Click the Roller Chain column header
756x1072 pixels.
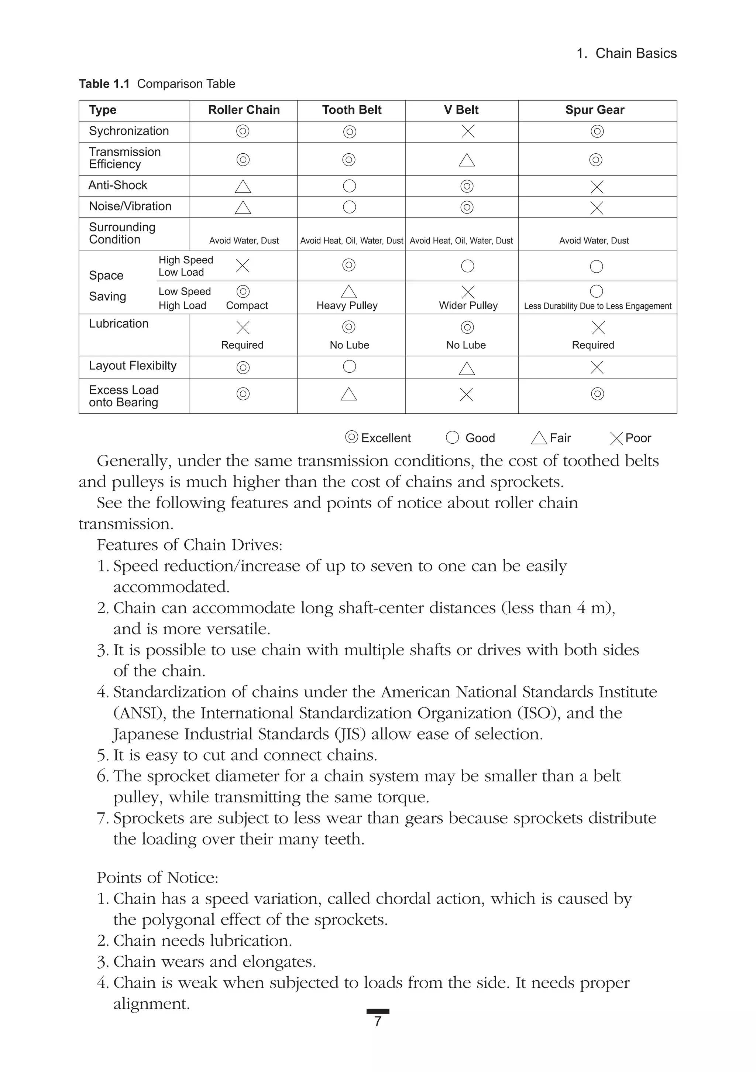pyautogui.click(x=244, y=110)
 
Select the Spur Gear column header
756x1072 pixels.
pyautogui.click(x=595, y=110)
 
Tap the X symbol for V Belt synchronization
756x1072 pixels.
pyautogui.click(x=468, y=131)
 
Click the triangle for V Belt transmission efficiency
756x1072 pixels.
pyautogui.click(x=467, y=161)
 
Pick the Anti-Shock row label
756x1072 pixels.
pyautogui.click(x=118, y=185)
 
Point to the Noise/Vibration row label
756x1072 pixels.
pyautogui.click(x=130, y=206)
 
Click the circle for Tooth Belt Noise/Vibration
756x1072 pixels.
pyautogui.click(x=350, y=207)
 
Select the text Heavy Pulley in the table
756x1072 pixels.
pyautogui.click(x=347, y=306)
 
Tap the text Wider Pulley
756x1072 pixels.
pyautogui.click(x=468, y=306)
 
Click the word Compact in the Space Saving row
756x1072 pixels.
pyautogui.click(x=247, y=306)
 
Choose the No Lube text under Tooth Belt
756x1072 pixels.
pyautogui.click(x=349, y=345)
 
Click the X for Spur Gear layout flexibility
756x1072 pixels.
pyautogui.click(x=597, y=368)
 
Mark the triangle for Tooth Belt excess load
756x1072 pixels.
pyautogui.click(x=348, y=395)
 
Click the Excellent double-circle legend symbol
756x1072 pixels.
pyautogui.click(x=351, y=437)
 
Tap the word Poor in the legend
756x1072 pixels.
pyautogui.click(x=638, y=438)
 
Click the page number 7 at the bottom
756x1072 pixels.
pyautogui.click(x=378, y=1021)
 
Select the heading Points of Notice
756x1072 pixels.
pyautogui.click(x=157, y=878)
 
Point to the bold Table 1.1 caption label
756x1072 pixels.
pyautogui.click(x=104, y=84)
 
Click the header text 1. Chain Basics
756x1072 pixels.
pyautogui.click(x=626, y=54)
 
